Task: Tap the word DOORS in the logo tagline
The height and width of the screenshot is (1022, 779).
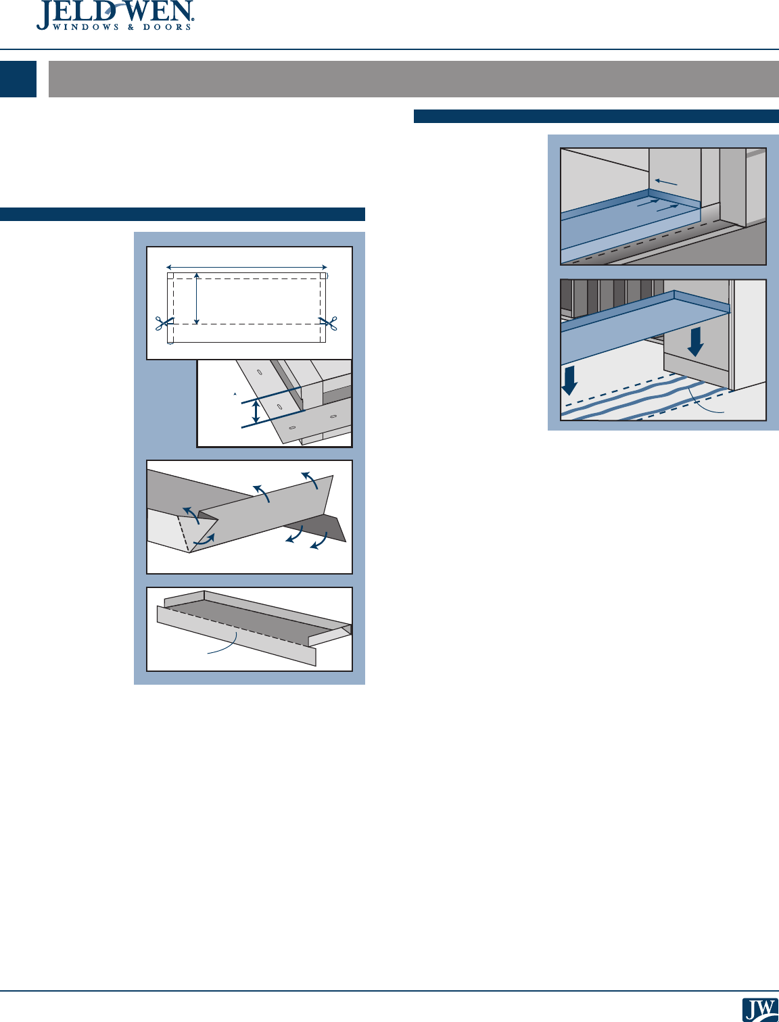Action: (167, 27)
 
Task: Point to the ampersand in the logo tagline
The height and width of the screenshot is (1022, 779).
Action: (131, 27)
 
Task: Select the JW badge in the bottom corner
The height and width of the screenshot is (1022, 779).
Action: (760, 1009)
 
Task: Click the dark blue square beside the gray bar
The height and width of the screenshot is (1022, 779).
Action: (18, 78)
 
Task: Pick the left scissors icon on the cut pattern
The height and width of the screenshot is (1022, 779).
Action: (164, 322)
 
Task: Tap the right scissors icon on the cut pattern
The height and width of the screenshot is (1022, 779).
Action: (328, 322)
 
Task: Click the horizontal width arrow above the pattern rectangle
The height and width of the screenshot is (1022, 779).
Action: (247, 267)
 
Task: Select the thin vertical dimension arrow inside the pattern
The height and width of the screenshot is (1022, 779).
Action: (197, 299)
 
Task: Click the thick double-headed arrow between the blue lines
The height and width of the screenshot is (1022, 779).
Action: (255, 412)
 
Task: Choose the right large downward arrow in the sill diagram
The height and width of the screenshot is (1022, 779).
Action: (695, 342)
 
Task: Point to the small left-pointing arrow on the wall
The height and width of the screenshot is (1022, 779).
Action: (666, 182)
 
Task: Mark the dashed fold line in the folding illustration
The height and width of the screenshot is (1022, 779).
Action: (183, 534)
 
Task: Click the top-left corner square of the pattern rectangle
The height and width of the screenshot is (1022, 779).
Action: (170, 276)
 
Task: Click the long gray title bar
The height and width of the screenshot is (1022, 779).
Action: (413, 78)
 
